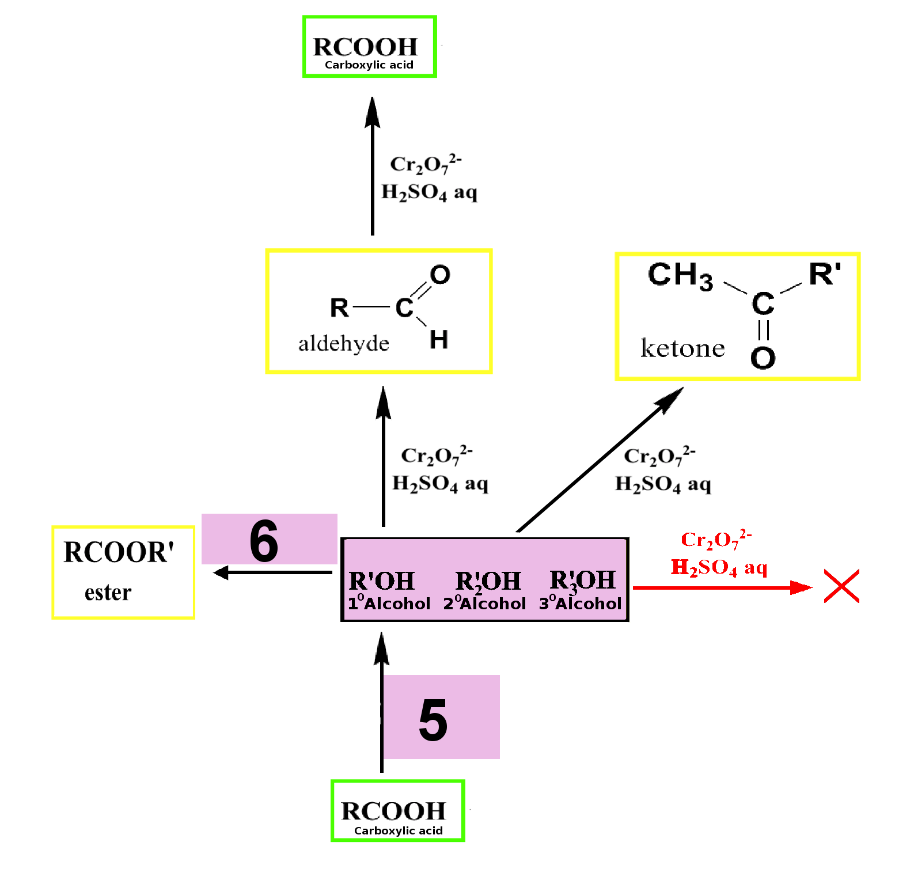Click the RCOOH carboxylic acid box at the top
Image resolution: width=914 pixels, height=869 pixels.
point(369,47)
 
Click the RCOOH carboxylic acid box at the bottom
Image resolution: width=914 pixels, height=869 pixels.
point(397,811)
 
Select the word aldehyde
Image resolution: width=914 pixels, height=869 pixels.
point(344,343)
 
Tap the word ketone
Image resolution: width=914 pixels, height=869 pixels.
point(682,348)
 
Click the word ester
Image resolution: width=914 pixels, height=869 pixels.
point(108,593)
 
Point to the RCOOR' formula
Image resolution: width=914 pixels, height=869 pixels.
point(119,552)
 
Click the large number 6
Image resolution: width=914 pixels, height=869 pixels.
point(264,541)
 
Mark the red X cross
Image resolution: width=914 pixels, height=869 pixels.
point(841,586)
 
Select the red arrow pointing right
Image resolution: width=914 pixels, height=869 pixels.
point(723,587)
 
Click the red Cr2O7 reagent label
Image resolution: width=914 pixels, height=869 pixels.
point(716,539)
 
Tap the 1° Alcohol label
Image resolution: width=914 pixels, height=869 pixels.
point(389,603)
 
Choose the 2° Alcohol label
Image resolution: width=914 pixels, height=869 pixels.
point(484,603)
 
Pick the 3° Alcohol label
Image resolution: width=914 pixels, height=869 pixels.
point(581,603)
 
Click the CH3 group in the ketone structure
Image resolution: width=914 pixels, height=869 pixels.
point(680,275)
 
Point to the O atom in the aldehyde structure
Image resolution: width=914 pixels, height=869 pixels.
point(440,275)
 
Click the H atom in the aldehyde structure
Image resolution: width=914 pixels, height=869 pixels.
point(439,339)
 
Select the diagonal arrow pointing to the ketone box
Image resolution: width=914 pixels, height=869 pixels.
point(600,460)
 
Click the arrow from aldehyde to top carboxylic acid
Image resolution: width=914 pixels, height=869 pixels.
point(373,166)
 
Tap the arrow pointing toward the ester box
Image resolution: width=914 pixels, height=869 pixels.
point(272,572)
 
